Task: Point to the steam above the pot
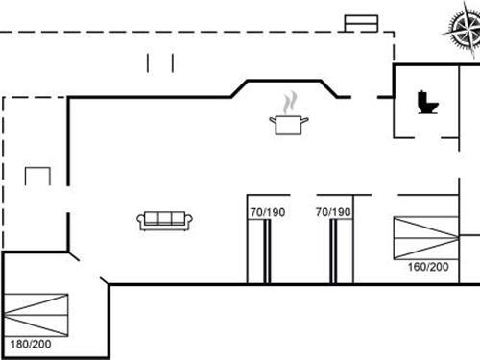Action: (x=289, y=102)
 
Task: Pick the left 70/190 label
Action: (x=266, y=211)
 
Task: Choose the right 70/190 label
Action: (x=334, y=211)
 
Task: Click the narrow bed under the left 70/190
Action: (x=257, y=252)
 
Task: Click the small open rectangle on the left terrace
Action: (x=38, y=176)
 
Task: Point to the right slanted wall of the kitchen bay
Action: (x=336, y=87)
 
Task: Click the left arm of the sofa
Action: (x=141, y=222)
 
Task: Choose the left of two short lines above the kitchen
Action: (x=149, y=62)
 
